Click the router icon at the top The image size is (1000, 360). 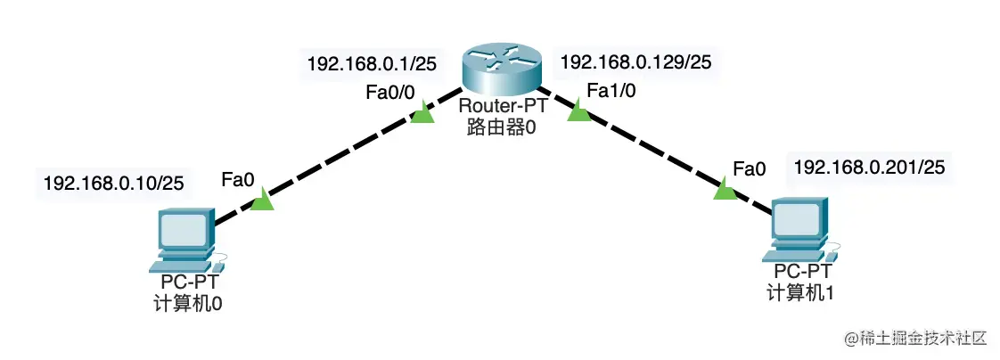(x=502, y=72)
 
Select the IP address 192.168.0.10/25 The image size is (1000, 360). (x=113, y=183)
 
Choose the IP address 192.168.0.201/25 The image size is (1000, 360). (x=869, y=166)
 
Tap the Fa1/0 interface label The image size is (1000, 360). (x=611, y=90)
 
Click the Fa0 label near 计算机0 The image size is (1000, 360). (x=238, y=180)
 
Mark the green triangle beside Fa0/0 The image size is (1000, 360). (x=425, y=114)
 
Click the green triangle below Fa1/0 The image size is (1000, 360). (x=578, y=112)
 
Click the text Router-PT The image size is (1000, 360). (x=501, y=108)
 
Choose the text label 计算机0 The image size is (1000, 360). (x=187, y=303)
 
